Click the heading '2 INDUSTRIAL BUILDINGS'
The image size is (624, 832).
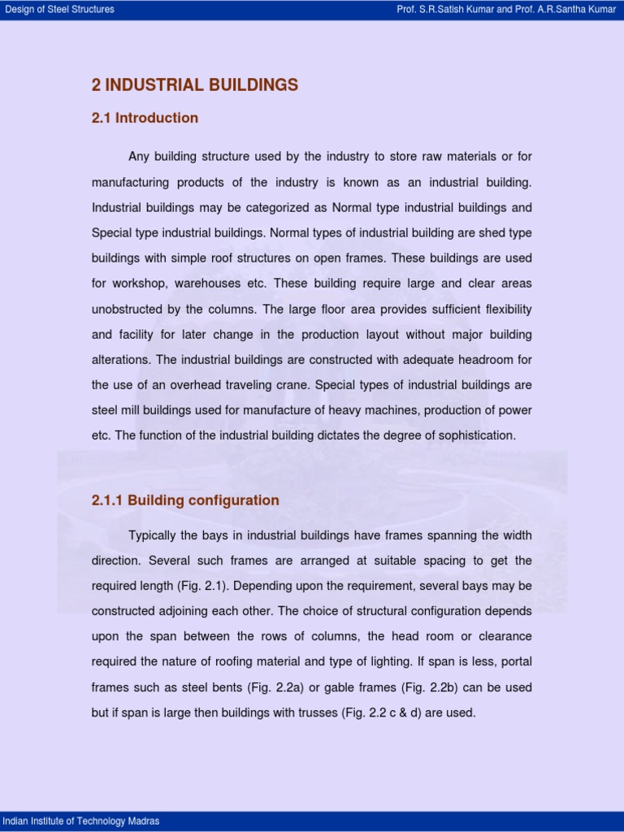(x=195, y=85)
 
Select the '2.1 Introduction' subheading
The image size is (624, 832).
(x=145, y=118)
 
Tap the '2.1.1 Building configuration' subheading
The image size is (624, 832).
(x=185, y=500)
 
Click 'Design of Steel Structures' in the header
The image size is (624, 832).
(x=60, y=10)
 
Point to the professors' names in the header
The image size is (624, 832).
(x=507, y=10)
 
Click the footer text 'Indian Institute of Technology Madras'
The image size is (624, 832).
(x=81, y=821)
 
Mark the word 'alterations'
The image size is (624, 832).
(x=121, y=359)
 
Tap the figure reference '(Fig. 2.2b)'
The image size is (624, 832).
(x=430, y=687)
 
